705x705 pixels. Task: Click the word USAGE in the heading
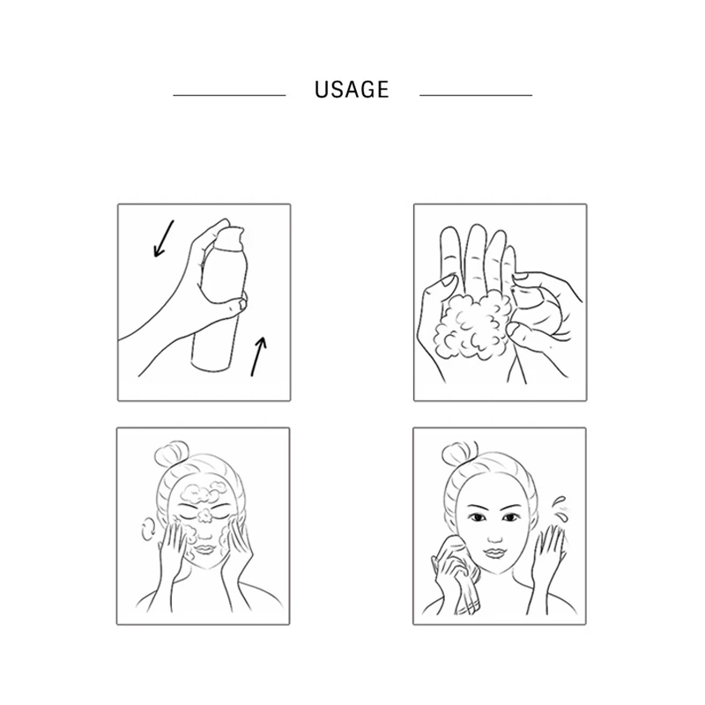(x=351, y=90)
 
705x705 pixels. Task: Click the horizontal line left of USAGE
(x=228, y=94)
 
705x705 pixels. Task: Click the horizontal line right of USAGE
(x=476, y=94)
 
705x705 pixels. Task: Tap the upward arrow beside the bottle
(x=256, y=357)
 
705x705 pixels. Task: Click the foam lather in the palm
(x=473, y=326)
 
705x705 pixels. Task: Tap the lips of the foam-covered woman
(x=204, y=547)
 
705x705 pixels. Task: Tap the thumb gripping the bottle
(x=231, y=304)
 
